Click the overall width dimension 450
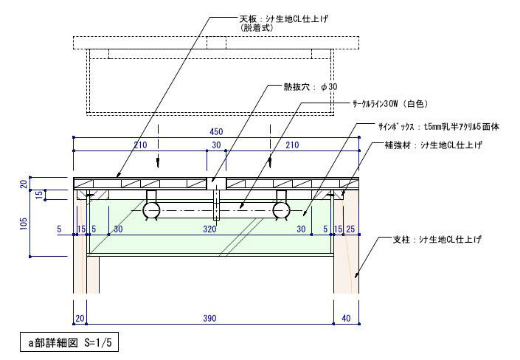coord(216,132)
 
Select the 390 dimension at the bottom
coord(209,318)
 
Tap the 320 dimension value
coord(209,229)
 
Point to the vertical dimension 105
coord(23,224)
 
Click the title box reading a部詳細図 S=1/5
coord(69,342)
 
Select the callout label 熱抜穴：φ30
coord(310,87)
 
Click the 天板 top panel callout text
coord(283,23)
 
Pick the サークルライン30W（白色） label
coord(390,104)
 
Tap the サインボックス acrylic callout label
coord(438,127)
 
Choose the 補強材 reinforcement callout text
coord(433,145)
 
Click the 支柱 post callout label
coord(437,239)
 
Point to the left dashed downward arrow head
coord(158,162)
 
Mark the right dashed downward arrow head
coord(270,162)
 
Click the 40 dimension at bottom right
coord(346,318)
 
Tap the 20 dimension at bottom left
coord(80,318)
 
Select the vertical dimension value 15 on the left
coord(39,195)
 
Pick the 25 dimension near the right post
coord(350,229)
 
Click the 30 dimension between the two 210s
coord(216,145)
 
